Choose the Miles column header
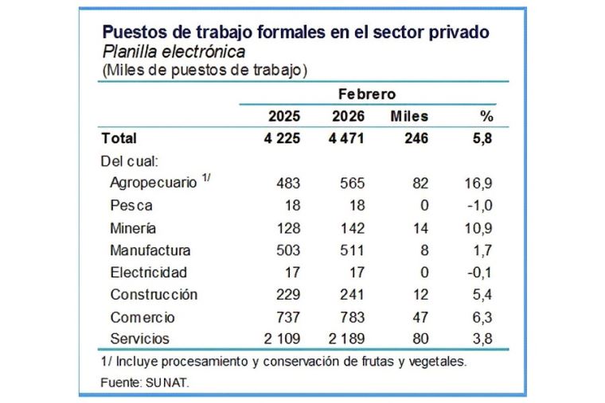[x=410, y=116]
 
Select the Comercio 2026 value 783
[x=352, y=317]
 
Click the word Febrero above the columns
[x=367, y=94]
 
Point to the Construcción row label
[x=154, y=294]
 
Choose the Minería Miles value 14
[x=422, y=228]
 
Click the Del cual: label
[x=131, y=161]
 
